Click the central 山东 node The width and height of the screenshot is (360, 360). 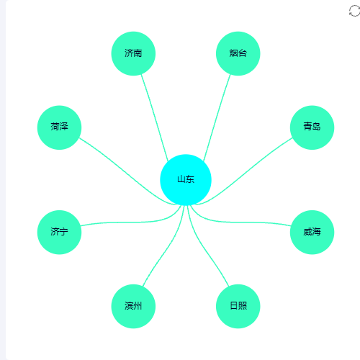(x=186, y=180)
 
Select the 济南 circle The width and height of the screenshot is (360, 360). (x=133, y=53)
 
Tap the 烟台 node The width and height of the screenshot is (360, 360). (x=238, y=53)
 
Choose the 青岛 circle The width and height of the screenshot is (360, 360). (x=312, y=127)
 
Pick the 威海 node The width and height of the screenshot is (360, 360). (x=312, y=232)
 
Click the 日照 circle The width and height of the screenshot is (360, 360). (x=238, y=306)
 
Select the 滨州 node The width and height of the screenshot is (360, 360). (x=133, y=306)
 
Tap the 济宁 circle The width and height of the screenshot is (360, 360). (x=59, y=232)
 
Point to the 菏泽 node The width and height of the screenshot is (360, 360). (x=59, y=127)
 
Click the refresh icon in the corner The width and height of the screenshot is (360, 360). (x=354, y=11)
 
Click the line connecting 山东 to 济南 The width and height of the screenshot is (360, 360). (x=155, y=118)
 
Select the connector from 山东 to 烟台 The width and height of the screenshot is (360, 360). (x=217, y=117)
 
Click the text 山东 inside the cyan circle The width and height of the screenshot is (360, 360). (x=186, y=179)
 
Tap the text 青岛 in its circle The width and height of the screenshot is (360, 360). (x=312, y=126)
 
